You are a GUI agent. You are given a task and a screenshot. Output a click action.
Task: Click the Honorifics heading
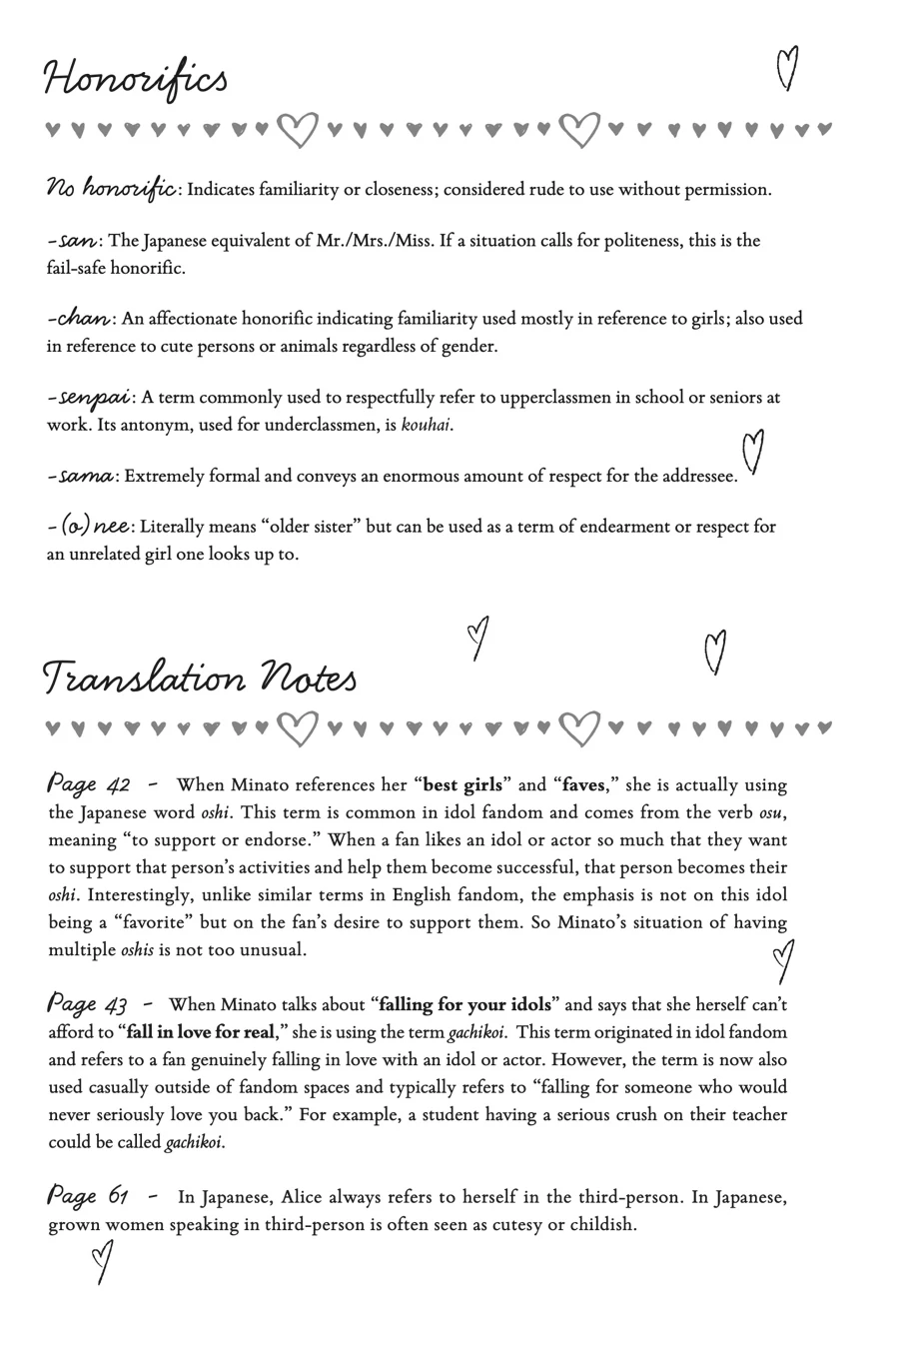coord(136,79)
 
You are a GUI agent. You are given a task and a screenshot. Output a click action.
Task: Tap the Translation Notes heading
coord(199,677)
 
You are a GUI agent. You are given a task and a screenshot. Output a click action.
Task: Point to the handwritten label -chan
coord(80,319)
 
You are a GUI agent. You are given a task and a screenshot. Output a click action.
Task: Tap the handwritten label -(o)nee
coord(89,526)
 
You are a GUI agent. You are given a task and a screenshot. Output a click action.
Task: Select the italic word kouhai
coord(426,425)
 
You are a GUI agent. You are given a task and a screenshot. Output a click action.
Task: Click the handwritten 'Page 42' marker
coord(89,783)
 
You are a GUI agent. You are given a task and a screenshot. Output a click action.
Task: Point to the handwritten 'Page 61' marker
coord(89,1195)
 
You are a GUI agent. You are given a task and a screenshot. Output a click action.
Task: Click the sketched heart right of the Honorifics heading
coord(788,68)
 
